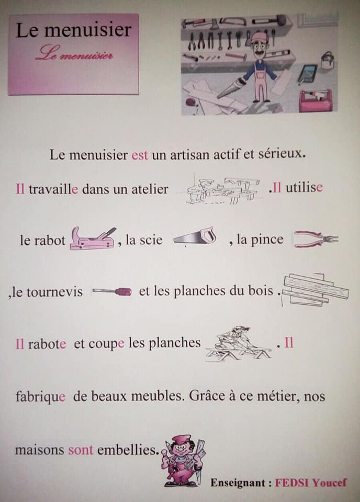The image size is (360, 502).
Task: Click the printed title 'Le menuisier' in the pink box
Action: coord(73,30)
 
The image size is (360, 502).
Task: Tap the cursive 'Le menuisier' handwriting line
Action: coord(74,54)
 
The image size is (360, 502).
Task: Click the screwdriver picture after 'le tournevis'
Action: coord(111,291)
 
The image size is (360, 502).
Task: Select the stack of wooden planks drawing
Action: coord(316,289)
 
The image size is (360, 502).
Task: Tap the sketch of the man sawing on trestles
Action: coord(238,344)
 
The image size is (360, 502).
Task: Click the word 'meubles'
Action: coord(157,396)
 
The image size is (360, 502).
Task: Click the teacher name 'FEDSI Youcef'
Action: coord(311,483)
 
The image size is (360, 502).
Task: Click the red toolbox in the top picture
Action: coord(315,100)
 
